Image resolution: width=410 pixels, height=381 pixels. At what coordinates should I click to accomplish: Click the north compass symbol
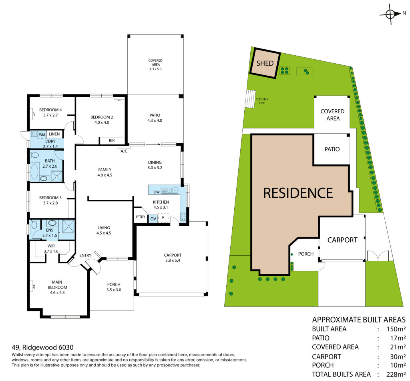(x=391, y=14)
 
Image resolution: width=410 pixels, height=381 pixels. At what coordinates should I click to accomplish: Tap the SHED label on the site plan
(x=265, y=63)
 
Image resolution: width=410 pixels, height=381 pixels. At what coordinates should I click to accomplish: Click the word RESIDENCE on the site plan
(x=298, y=193)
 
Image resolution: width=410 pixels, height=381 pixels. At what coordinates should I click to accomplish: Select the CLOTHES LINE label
(x=262, y=101)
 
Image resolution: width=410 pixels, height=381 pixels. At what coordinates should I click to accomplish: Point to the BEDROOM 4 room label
(x=50, y=110)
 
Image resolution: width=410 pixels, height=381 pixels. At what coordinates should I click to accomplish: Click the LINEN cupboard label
(x=54, y=134)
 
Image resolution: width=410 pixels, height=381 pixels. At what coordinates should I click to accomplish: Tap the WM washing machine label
(x=42, y=135)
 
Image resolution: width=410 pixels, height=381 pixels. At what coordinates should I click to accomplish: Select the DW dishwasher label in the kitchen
(x=157, y=192)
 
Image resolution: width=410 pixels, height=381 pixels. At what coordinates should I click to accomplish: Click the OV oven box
(x=153, y=219)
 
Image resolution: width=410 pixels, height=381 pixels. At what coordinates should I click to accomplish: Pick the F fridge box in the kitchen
(x=163, y=218)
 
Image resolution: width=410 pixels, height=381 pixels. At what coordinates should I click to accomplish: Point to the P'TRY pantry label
(x=141, y=217)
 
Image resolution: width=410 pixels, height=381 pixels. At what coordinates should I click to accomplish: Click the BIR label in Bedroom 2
(x=112, y=140)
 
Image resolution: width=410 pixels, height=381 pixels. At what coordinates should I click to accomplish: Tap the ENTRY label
(x=85, y=255)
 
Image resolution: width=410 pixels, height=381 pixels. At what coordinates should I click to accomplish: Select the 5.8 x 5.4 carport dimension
(x=173, y=260)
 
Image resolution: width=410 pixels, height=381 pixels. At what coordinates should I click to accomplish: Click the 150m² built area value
(x=396, y=329)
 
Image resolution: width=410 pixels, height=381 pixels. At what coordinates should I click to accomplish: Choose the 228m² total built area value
(x=396, y=374)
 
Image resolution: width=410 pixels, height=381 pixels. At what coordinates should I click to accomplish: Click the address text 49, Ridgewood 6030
(x=42, y=347)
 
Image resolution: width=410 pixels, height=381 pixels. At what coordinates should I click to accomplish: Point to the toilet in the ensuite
(x=34, y=224)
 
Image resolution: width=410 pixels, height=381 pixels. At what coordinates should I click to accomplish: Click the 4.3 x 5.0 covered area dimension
(x=156, y=69)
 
